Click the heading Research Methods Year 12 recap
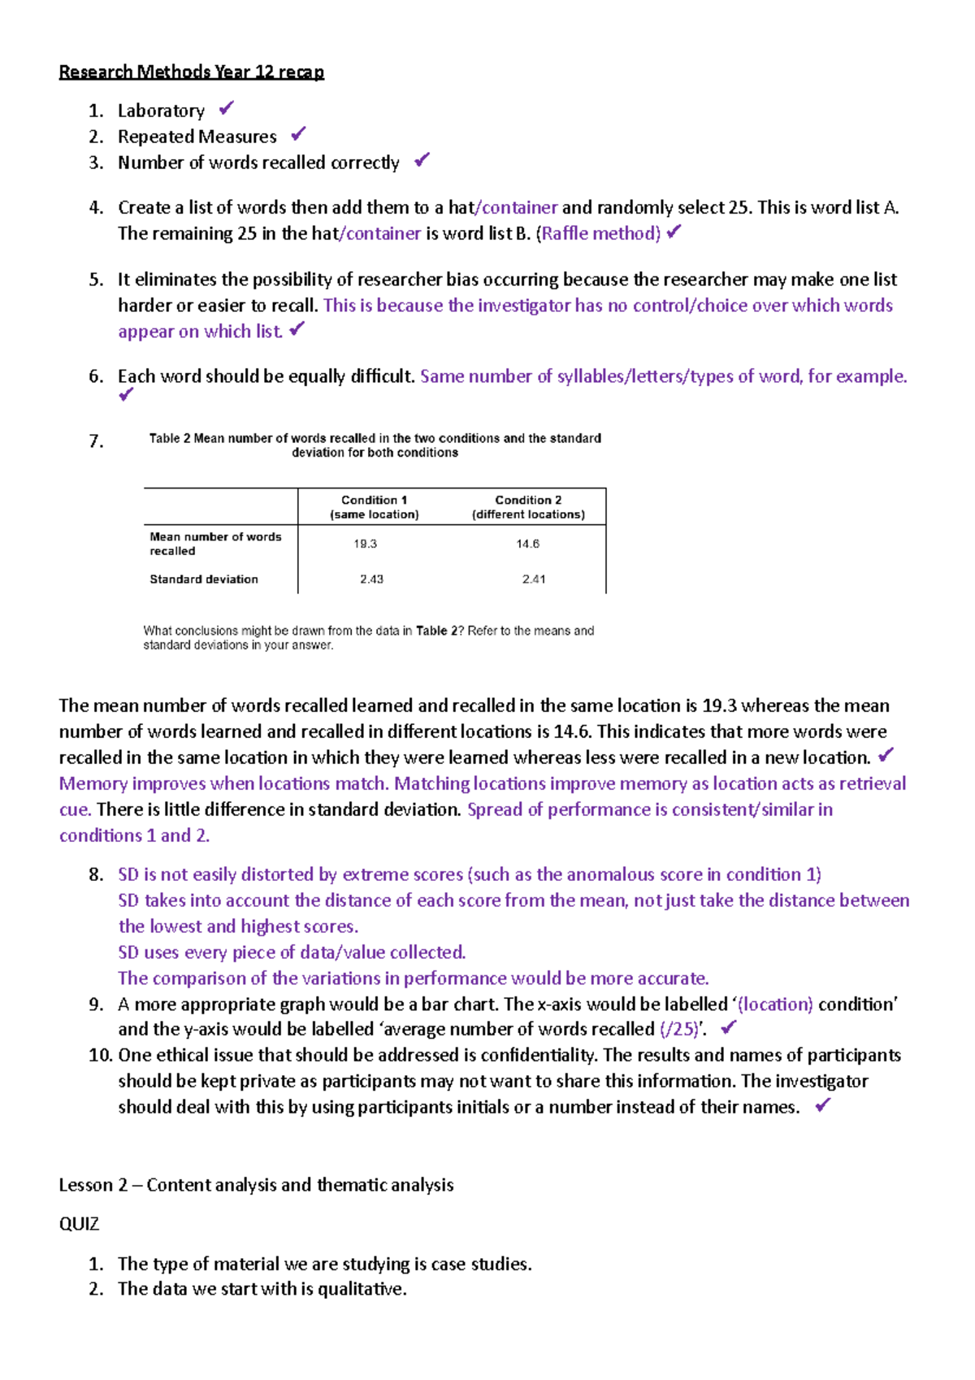click(191, 72)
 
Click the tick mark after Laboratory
click(227, 108)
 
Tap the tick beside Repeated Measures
click(298, 133)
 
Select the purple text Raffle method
click(600, 234)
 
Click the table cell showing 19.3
click(365, 544)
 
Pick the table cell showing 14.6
click(527, 544)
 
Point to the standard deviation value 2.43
click(371, 579)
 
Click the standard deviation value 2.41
click(534, 579)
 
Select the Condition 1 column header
click(374, 507)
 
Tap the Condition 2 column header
click(528, 507)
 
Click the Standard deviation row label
click(203, 579)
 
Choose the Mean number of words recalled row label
click(214, 544)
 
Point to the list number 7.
click(96, 441)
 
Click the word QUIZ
click(79, 1224)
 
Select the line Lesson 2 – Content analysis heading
click(256, 1185)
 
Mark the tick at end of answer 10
click(822, 1105)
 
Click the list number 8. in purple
click(96, 874)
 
